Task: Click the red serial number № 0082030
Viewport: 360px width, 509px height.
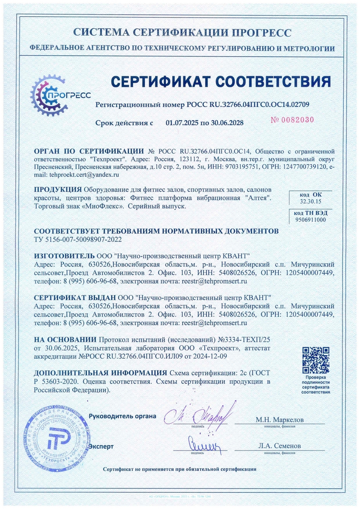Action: pyautogui.click(x=293, y=120)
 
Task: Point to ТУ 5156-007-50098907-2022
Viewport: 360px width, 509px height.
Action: pyautogui.click(x=78, y=239)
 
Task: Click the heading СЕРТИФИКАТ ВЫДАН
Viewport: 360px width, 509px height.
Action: pyautogui.click(x=75, y=298)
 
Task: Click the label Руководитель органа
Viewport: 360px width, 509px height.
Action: pyautogui.click(x=122, y=417)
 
